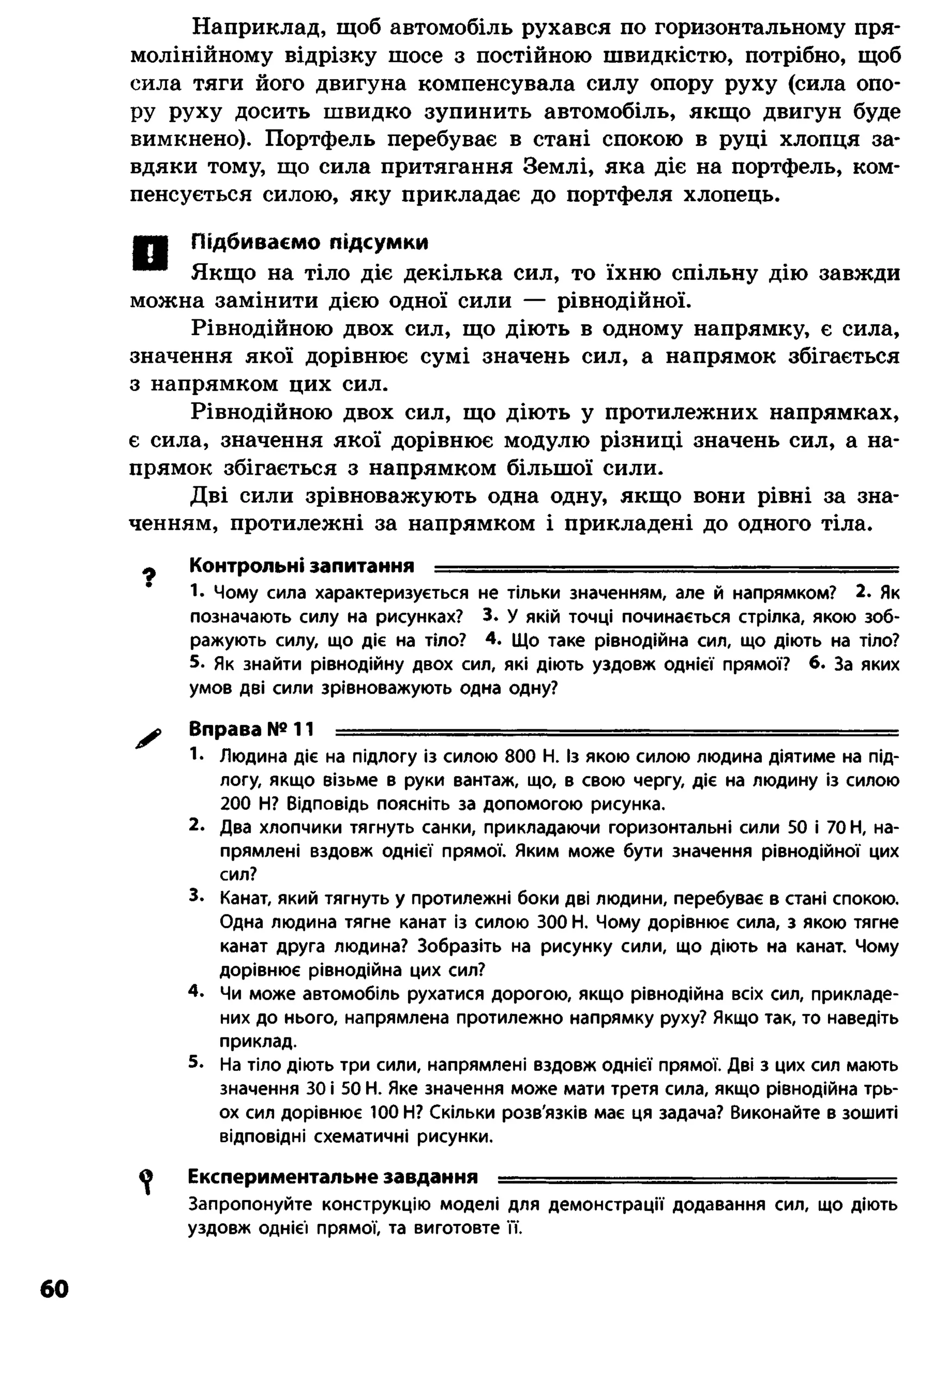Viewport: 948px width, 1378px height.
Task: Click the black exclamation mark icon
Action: click(150, 254)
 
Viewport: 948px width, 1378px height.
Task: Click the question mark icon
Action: click(150, 576)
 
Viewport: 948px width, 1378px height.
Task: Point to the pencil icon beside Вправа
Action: click(148, 738)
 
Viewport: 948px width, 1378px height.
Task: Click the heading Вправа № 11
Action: click(251, 728)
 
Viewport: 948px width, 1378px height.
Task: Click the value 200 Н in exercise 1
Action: click(245, 805)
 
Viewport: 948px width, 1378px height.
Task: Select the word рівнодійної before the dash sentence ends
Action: click(623, 301)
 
